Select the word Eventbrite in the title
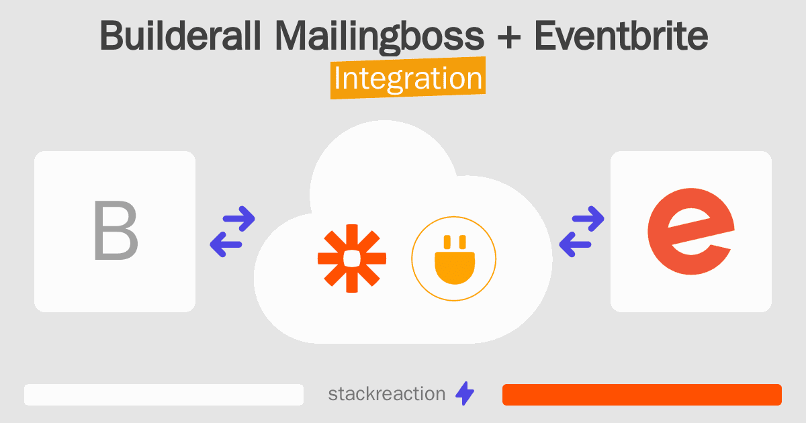(621, 36)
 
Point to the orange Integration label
(408, 79)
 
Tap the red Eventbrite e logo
(689, 232)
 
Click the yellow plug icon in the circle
(453, 258)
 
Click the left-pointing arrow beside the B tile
(227, 244)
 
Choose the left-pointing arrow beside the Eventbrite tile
(576, 244)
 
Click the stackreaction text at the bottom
(386, 394)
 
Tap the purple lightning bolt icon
(464, 394)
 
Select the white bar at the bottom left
(164, 395)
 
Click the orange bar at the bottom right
(641, 395)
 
